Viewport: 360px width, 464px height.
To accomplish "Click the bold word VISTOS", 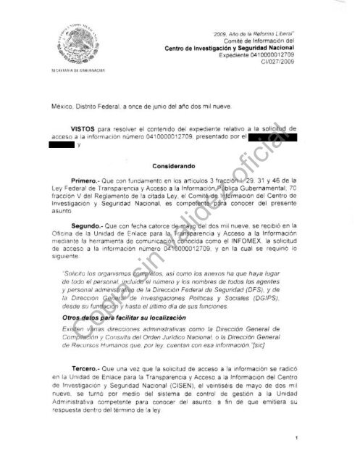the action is coord(93,127).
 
